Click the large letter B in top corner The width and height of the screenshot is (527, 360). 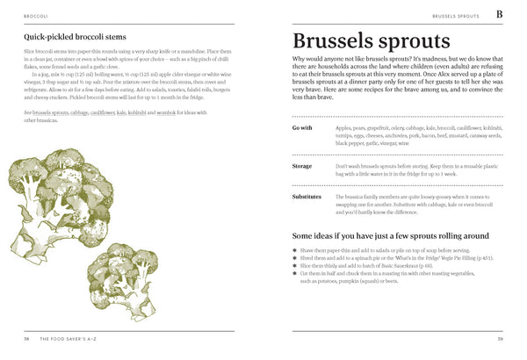click(x=500, y=15)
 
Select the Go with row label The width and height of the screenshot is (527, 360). click(x=302, y=128)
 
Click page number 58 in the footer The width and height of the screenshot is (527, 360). click(x=27, y=338)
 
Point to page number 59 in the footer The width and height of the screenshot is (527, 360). click(x=500, y=338)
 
